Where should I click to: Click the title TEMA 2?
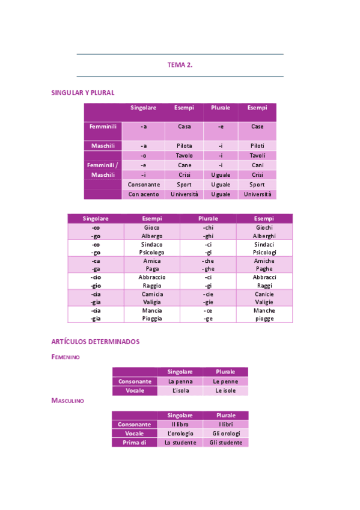[180, 65]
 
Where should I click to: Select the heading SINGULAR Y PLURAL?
[83, 93]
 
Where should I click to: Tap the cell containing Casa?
[184, 127]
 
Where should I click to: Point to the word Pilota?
[184, 146]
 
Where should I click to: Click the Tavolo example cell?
[184, 155]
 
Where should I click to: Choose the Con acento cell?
[144, 194]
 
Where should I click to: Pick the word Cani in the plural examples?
[257, 165]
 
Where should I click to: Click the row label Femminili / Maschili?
[103, 170]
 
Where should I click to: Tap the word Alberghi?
[264, 236]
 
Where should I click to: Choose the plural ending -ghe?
[208, 269]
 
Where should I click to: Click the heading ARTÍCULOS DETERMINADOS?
[96, 342]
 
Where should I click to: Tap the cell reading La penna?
[180, 381]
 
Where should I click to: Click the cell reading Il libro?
[180, 425]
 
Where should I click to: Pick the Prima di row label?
[135, 443]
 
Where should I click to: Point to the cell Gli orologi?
[226, 434]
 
